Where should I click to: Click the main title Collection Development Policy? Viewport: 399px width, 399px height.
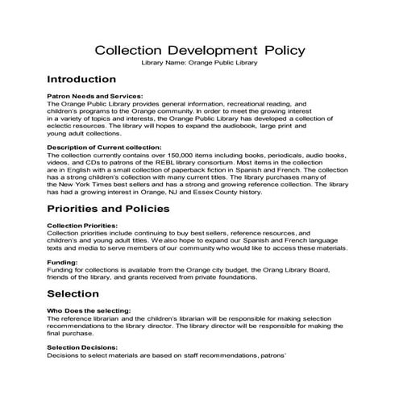[x=199, y=50]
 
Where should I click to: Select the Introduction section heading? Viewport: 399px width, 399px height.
[x=81, y=80]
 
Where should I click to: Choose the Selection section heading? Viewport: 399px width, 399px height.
[x=73, y=293]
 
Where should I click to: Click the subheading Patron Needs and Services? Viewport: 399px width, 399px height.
[x=95, y=96]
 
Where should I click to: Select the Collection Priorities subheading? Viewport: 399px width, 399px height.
[x=83, y=225]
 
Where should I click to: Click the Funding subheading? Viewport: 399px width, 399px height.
[x=63, y=262]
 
